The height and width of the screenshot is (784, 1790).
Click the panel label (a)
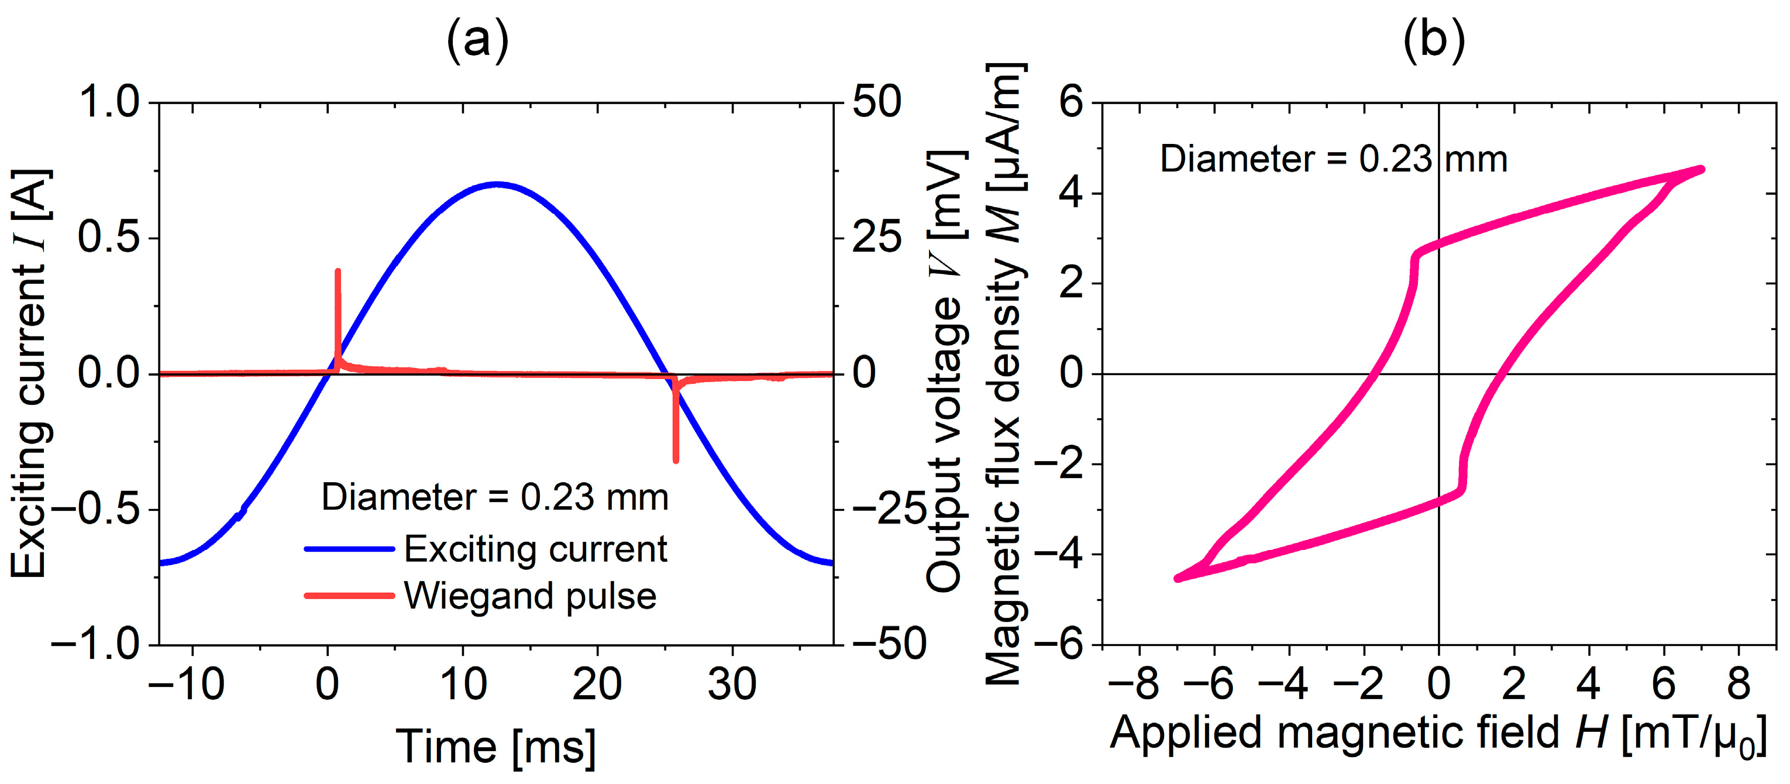[x=477, y=42]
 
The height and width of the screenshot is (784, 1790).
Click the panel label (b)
[x=1434, y=42]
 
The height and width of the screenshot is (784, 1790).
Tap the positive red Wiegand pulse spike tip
[x=338, y=271]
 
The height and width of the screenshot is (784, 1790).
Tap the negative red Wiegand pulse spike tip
[x=676, y=459]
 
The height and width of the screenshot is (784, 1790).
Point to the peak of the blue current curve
[x=496, y=184]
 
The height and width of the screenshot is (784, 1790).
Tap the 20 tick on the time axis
[x=596, y=684]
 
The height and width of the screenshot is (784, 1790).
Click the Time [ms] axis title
[x=495, y=747]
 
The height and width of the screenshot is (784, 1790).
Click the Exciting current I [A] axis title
[x=31, y=374]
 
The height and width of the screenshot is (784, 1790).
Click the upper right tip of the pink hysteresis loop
[x=1701, y=169]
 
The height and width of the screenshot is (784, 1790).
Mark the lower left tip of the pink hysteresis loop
[x=1177, y=578]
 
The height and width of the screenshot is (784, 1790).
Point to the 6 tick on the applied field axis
[x=1663, y=684]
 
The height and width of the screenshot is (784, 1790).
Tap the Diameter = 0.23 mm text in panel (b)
[x=1333, y=159]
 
